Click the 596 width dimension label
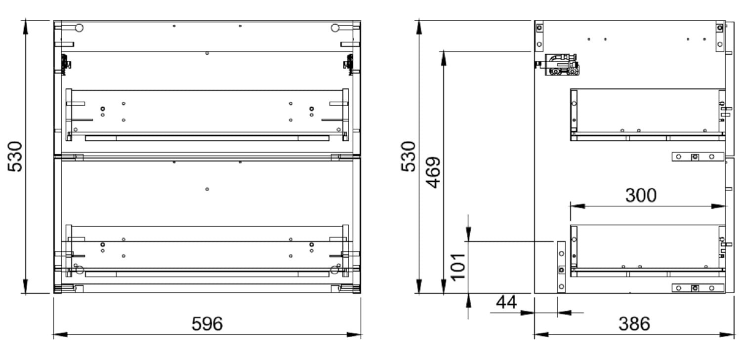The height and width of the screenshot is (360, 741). tap(207, 323)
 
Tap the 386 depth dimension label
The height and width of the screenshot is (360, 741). tap(634, 323)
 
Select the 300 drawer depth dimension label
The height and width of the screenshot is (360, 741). tap(641, 195)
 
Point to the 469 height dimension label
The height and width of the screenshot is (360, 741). tap(433, 172)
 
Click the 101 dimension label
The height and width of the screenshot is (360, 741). tap(458, 267)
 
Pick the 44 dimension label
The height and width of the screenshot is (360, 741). tap(506, 302)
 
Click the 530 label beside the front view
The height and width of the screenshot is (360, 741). tap(15, 157)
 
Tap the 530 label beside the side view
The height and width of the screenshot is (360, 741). tap(408, 157)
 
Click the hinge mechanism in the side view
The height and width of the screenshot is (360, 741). tap(561, 65)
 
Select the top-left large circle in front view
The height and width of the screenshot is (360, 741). tap(79, 28)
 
